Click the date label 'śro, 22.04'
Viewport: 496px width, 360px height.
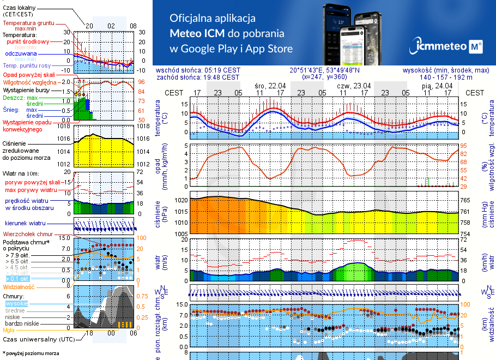pyautogui.click(x=270, y=86)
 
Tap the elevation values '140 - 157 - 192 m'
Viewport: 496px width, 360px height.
pyautogui.click(x=462, y=77)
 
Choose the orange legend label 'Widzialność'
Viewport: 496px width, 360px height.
pyautogui.click(x=19, y=286)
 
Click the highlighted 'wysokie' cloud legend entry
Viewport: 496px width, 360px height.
pyautogui.click(x=16, y=303)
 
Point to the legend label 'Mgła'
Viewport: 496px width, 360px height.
pyautogui.click(x=9, y=330)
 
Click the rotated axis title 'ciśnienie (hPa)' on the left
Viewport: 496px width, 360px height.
pyautogui.click(x=161, y=215)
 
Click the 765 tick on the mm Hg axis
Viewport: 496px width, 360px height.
pyautogui.click(x=472, y=201)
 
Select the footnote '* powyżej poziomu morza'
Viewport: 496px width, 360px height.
pyautogui.click(x=31, y=353)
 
